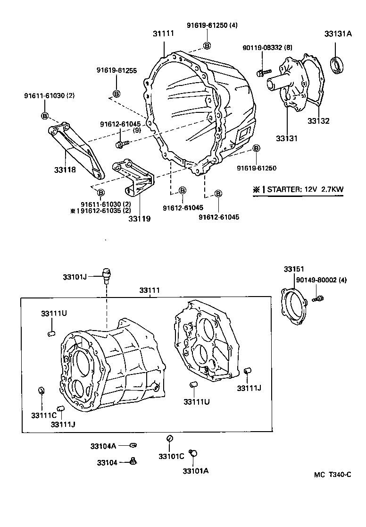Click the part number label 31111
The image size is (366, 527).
pyautogui.click(x=163, y=34)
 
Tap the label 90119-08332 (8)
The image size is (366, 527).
pyautogui.click(x=261, y=48)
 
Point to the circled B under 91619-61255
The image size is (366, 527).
pyautogui.click(x=116, y=93)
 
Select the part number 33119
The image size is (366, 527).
pyautogui.click(x=140, y=219)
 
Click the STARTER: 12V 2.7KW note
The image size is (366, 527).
pyautogui.click(x=299, y=189)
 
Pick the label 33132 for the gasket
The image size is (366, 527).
pyautogui.click(x=318, y=120)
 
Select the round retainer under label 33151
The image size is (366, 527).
pyautogui.click(x=294, y=306)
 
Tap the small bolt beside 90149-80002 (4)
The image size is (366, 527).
pyautogui.click(x=318, y=298)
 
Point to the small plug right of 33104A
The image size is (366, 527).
pyautogui.click(x=133, y=445)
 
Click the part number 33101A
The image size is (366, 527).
pyautogui.click(x=196, y=470)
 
